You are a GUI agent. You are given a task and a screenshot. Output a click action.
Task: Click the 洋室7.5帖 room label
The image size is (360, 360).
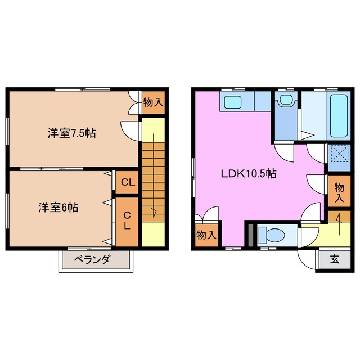pos(71,133)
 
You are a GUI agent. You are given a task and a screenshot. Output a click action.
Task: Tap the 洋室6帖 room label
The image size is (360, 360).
pos(58,206)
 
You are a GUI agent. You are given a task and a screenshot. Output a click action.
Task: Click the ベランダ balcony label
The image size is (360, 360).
pos(94,259)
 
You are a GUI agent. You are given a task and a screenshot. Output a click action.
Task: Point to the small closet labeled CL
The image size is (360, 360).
pos(128,182)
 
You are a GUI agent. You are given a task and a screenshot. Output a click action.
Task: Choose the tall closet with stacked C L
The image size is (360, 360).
pos(127,220)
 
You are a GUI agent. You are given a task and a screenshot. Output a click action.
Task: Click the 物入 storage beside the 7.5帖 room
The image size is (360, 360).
pos(153,102)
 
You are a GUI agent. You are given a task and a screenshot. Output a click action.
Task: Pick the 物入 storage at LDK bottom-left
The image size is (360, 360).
pos(206,235)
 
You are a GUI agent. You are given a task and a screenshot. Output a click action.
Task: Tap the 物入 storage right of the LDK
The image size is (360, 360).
pos(339,191)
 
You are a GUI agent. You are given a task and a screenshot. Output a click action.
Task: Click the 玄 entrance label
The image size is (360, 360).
pos(334,260)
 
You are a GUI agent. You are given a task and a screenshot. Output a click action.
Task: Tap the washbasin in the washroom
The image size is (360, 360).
pos(286,101)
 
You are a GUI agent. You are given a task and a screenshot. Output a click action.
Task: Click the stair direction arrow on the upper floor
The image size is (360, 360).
pos(152,211)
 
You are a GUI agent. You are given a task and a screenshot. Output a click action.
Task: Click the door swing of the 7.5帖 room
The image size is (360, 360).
pos(130,129)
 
